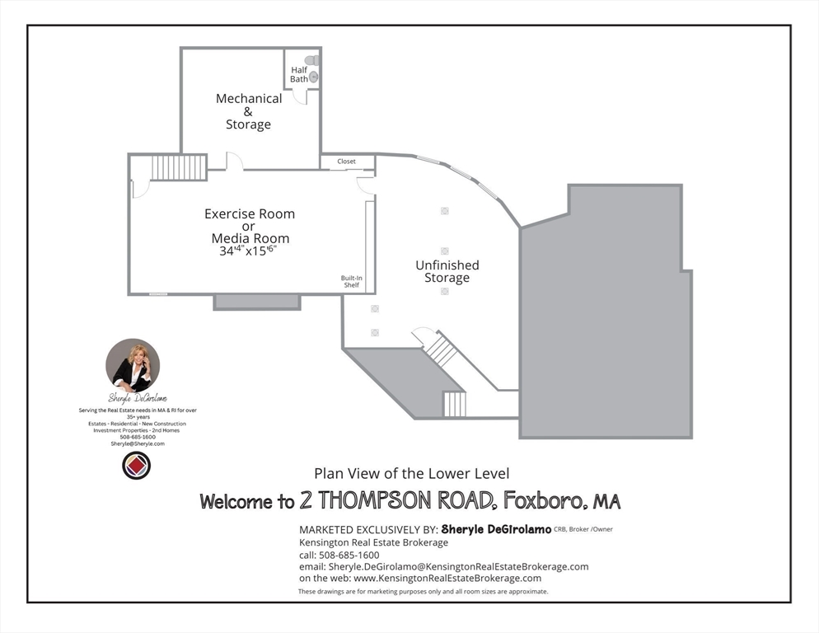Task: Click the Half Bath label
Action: point(299,74)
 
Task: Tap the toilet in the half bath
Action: point(311,60)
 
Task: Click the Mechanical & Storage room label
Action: point(248,111)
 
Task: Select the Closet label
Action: point(347,162)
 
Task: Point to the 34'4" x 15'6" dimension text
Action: point(248,251)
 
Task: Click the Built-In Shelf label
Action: point(352,282)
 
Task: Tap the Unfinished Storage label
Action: point(447,271)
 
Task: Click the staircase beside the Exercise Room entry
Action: point(178,167)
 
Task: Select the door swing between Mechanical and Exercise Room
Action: point(234,162)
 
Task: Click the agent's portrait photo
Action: point(133,365)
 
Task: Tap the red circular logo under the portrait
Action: point(136,466)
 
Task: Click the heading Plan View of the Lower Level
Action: point(411,473)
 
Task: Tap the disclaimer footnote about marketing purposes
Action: point(423,591)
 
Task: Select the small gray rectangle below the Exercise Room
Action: point(257,302)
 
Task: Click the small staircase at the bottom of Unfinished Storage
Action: point(454,404)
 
